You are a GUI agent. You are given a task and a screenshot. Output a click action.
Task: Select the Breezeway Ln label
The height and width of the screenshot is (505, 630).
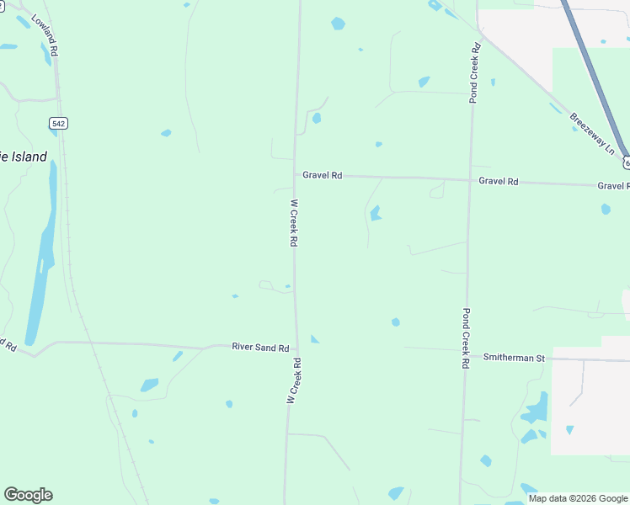[x=593, y=133]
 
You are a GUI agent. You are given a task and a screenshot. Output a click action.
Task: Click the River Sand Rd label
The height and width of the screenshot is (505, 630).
[x=260, y=347]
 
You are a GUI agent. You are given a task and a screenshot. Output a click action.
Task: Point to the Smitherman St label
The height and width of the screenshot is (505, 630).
[x=515, y=358]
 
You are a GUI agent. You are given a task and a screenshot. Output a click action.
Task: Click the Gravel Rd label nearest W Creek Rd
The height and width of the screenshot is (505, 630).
[x=323, y=175]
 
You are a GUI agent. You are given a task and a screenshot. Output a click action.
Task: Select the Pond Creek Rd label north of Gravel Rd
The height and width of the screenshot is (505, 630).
[x=474, y=72]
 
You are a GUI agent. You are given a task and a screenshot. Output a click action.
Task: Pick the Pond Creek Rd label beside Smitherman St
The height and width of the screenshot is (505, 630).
[x=464, y=338]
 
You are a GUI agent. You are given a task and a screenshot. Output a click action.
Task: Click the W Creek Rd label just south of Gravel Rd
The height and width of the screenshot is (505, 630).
[x=294, y=222]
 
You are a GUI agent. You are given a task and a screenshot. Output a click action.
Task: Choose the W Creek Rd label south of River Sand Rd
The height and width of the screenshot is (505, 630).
[x=293, y=380]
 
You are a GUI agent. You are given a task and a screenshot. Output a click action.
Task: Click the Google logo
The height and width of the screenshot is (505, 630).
[x=28, y=495]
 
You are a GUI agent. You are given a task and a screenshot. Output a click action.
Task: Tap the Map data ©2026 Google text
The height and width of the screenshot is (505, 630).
[x=578, y=498]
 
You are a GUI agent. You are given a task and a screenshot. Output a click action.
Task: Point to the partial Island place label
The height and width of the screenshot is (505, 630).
[x=24, y=157]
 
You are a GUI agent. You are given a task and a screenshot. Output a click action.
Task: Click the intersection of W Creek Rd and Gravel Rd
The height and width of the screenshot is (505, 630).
[x=295, y=175]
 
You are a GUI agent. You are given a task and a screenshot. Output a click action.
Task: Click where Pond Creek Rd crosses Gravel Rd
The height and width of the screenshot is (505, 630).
[x=469, y=179]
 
